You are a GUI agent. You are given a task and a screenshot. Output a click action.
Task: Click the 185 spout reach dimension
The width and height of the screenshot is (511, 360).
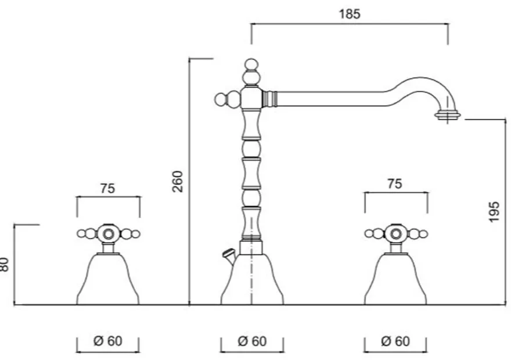(x=350, y=14)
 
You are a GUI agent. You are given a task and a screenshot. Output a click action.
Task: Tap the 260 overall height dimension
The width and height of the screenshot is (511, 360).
(x=178, y=181)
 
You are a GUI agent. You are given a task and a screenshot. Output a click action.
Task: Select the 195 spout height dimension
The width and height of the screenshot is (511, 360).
(x=494, y=212)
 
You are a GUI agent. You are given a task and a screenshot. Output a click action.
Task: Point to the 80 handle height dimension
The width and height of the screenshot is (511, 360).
(x=4, y=264)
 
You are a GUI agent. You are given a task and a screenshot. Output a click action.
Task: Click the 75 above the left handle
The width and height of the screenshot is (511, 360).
(x=107, y=188)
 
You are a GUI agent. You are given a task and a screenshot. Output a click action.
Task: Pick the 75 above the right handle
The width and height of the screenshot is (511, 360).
(x=395, y=183)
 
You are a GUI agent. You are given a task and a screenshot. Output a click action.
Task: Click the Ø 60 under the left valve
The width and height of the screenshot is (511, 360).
(x=108, y=341)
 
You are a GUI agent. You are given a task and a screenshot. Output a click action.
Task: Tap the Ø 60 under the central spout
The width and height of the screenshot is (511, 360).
(x=252, y=341)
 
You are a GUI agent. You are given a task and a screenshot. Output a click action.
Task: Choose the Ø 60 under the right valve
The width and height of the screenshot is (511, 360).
(x=395, y=341)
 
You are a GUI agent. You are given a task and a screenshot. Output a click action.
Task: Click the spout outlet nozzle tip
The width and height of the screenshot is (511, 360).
(x=448, y=116)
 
